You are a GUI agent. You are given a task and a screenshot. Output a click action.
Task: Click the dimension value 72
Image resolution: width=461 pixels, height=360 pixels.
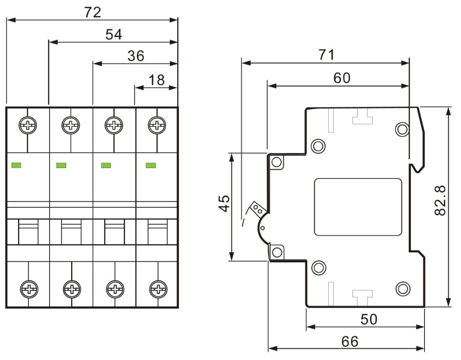(93, 12)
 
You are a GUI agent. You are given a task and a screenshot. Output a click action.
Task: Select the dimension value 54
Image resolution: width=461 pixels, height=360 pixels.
(113, 34)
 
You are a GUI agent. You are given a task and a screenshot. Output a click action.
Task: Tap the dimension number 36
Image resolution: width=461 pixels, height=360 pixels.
(135, 56)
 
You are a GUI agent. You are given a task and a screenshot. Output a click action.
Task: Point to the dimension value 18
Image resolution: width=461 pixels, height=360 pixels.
(156, 80)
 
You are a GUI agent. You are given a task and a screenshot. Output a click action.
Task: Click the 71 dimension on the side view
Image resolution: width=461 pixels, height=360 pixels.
(326, 55)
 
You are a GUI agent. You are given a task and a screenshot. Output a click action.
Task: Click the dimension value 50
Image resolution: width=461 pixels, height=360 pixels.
(369, 319)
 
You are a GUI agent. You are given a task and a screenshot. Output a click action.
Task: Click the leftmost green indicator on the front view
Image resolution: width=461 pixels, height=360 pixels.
(17, 166)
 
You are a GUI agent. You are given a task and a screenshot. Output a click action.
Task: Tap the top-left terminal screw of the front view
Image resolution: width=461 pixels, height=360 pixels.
(28, 124)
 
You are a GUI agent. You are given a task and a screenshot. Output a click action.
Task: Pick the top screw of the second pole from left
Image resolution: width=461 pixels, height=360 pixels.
(71, 124)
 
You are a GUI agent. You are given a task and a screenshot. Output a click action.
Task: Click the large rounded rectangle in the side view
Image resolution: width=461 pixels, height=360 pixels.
(358, 207)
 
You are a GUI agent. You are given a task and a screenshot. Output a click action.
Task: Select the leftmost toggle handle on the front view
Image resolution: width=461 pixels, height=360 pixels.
(28, 230)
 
